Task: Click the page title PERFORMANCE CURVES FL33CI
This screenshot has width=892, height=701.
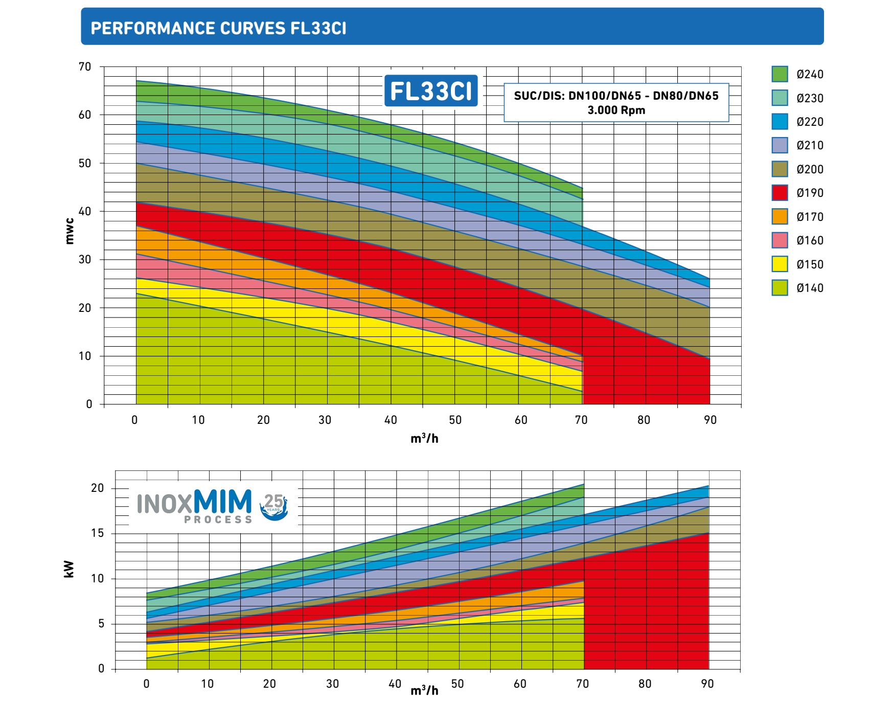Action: click(x=218, y=28)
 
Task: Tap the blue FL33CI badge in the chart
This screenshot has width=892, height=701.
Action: click(x=431, y=91)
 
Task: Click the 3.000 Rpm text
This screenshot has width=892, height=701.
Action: click(x=616, y=110)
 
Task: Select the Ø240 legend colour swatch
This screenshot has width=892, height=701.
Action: click(x=780, y=74)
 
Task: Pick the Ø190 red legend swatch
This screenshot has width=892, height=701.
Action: click(x=780, y=193)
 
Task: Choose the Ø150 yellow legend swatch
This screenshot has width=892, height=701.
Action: click(x=780, y=264)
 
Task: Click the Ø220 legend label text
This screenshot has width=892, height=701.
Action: click(x=810, y=122)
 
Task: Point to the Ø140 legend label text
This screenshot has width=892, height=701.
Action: click(x=810, y=288)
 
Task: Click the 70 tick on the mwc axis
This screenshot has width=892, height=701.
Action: click(x=85, y=66)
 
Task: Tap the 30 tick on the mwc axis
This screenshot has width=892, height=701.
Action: click(x=85, y=259)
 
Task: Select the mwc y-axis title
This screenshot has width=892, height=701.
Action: click(x=70, y=231)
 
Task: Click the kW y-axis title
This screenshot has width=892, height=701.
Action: click(x=68, y=569)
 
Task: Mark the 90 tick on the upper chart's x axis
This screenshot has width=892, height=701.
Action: click(x=710, y=420)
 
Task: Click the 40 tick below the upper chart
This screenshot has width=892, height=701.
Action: click(x=391, y=420)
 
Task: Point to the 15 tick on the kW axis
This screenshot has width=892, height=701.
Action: click(x=97, y=533)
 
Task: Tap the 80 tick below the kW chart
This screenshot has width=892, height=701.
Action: click(x=645, y=684)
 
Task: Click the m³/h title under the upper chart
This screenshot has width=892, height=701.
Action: click(x=424, y=438)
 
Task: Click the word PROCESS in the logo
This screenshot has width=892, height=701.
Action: click(x=218, y=519)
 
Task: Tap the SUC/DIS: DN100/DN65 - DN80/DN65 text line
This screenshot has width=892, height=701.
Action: click(x=616, y=96)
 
